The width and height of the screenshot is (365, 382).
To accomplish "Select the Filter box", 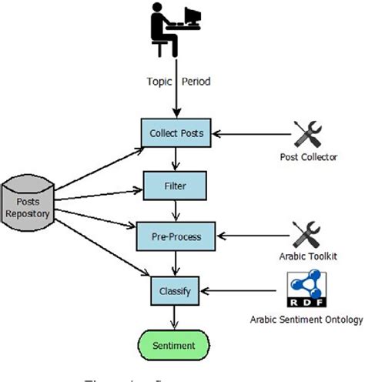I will [175, 186].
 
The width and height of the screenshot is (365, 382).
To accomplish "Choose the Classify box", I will [175, 291].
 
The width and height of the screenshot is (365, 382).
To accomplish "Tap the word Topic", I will [159, 81].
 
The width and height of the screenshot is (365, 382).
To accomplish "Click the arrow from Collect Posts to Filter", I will [176, 159].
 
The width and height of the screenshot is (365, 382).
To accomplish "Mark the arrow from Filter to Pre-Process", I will [176, 211].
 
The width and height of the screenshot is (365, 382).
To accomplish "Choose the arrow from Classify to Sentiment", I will [176, 318].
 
